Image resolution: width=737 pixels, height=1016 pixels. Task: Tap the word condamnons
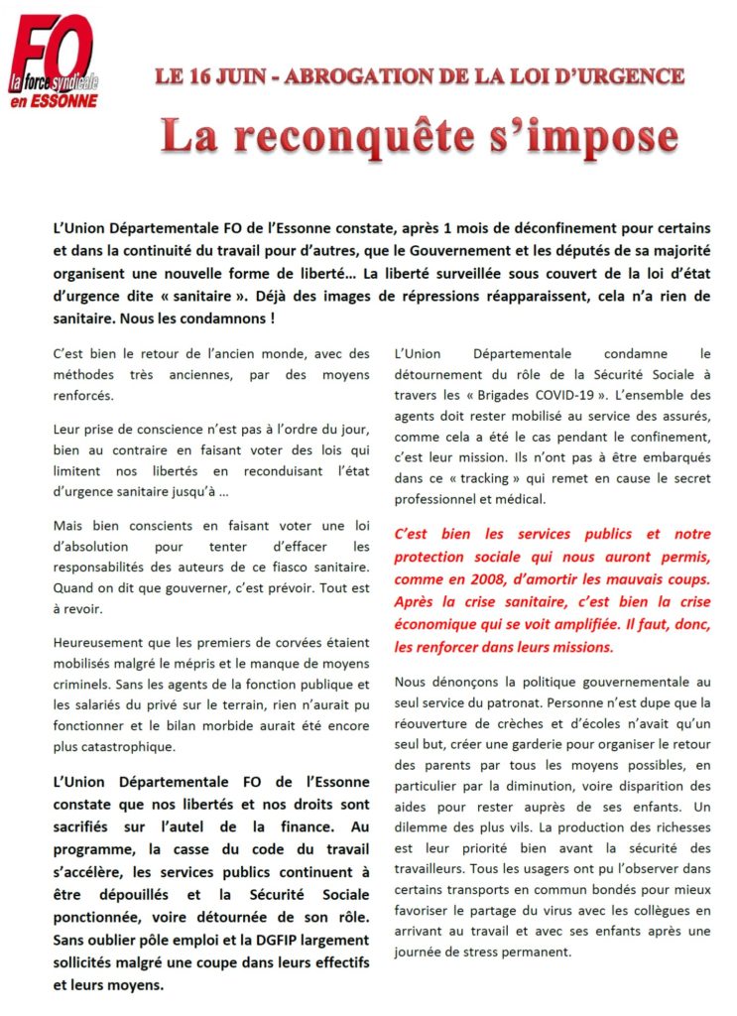coord(229,319)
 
